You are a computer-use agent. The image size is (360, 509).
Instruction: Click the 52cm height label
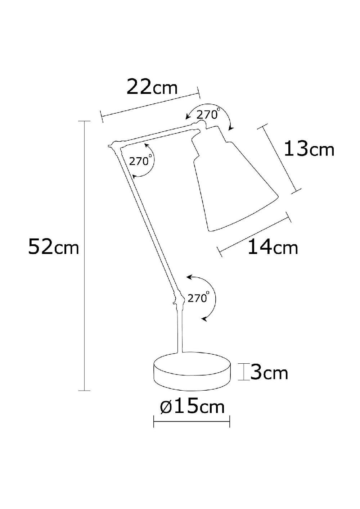[53, 247]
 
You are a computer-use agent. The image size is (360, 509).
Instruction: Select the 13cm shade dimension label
[309, 149]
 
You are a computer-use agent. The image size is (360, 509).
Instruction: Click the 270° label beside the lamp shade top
[208, 114]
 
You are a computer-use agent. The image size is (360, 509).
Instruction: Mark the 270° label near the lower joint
[198, 298]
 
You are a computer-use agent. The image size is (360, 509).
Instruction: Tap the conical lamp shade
[234, 187]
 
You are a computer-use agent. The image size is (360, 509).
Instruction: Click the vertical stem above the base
[180, 331]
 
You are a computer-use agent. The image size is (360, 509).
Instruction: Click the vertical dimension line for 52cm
[84, 255]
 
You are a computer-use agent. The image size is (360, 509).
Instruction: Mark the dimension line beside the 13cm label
[280, 158]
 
